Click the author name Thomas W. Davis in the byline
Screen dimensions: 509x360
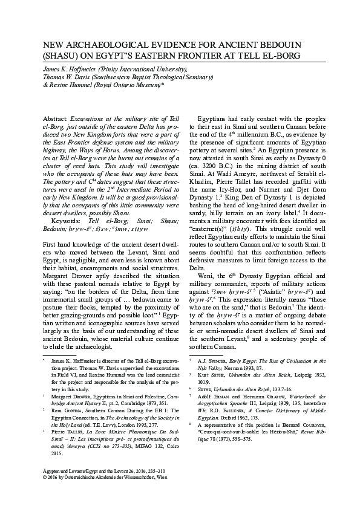(x=67, y=78)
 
